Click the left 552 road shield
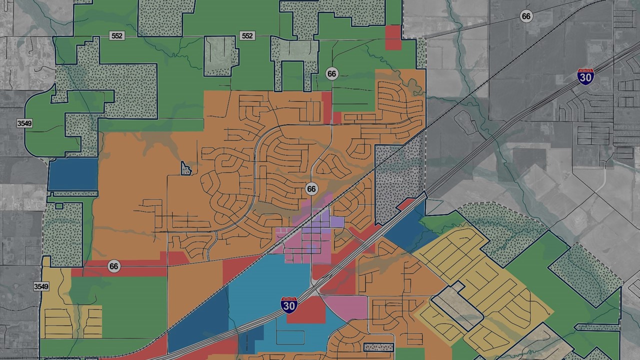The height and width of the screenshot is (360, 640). (x=116, y=36)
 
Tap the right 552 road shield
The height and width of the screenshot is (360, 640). (x=247, y=36)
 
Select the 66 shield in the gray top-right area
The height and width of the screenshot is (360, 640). (x=525, y=16)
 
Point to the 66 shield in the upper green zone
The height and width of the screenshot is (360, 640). (x=331, y=74)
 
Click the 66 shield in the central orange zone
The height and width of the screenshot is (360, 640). (x=311, y=189)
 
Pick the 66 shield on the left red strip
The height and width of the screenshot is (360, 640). (x=113, y=266)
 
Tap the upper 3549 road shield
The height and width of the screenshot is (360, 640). (x=24, y=123)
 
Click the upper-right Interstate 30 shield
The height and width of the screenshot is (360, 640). (x=585, y=75)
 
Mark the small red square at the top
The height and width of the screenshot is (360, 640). (x=393, y=37)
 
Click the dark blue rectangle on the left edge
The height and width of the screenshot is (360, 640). (x=73, y=174)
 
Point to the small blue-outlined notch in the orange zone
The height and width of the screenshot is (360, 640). (x=186, y=169)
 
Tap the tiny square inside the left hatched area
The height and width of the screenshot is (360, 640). (x=59, y=205)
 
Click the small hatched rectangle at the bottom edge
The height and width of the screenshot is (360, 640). (x=378, y=347)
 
